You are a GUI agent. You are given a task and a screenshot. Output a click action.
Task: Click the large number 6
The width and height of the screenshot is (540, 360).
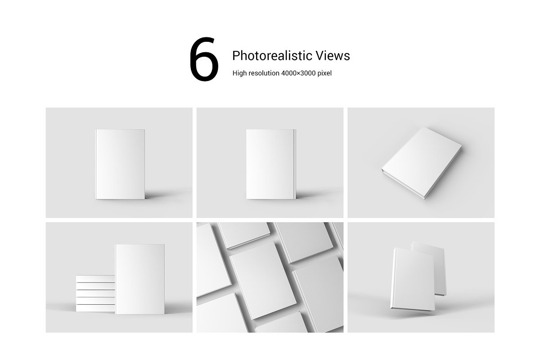tap(204, 59)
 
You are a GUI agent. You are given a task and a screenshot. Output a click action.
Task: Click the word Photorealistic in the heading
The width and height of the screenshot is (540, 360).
tap(272, 56)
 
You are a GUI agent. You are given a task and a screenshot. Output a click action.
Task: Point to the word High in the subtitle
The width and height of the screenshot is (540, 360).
tap(239, 73)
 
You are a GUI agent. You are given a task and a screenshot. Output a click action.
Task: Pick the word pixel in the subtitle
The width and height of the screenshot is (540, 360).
tap(324, 73)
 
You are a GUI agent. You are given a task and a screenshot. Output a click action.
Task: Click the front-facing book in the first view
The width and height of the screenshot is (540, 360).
tap(120, 164)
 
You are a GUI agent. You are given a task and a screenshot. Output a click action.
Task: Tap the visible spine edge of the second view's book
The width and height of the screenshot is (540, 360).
tap(295, 164)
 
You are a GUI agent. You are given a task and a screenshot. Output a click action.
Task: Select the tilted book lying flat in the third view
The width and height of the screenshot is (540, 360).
tap(421, 163)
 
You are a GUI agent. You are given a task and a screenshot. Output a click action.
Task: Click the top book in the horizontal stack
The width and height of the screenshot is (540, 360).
tap(95, 279)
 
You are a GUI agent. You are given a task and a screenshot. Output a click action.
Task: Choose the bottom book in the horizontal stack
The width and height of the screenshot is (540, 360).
tap(95, 308)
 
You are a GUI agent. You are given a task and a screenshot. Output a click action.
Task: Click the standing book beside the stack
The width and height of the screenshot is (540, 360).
tap(140, 279)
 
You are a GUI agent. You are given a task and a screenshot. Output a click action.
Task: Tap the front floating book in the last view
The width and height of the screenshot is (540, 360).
tap(413, 279)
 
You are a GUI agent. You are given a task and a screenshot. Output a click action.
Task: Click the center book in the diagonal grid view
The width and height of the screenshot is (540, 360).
tap(263, 280)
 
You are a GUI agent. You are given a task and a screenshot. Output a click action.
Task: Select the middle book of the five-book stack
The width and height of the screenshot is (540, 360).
tap(95, 293)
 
